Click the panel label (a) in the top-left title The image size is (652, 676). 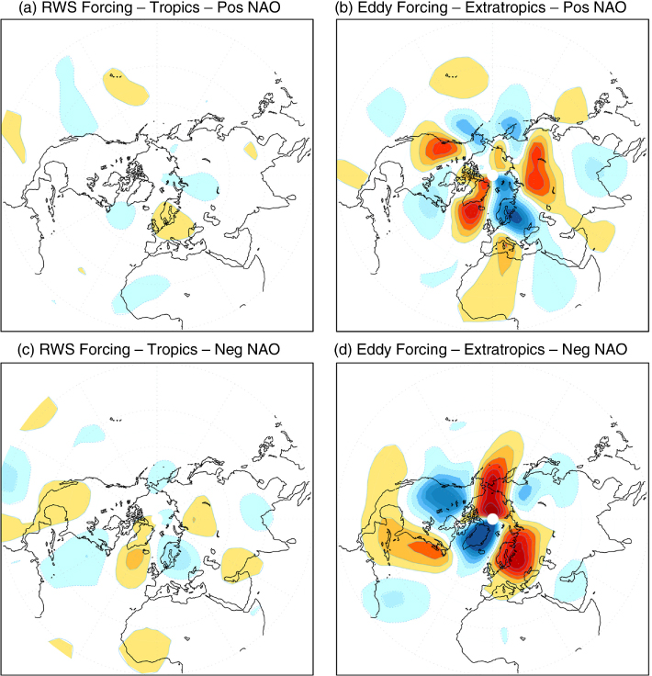coord(28,7)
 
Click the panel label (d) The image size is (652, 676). coord(343,349)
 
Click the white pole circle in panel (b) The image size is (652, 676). coord(492,175)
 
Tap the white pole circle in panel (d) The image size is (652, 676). coord(492,519)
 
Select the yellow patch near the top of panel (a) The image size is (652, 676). coord(126,86)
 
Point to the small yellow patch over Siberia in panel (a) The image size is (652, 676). coord(251,151)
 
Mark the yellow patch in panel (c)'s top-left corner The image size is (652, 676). coord(39,413)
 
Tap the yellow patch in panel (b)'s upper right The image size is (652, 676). coord(571,106)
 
